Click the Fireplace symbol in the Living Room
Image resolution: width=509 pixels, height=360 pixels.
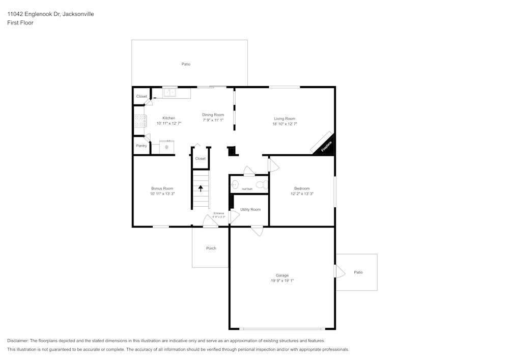point(324,145)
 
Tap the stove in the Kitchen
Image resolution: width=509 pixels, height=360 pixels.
point(140,121)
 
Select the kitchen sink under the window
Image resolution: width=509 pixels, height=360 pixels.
point(169,93)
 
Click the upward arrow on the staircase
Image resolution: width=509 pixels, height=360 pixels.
point(201,188)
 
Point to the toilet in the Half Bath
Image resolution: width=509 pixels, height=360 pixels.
point(262,184)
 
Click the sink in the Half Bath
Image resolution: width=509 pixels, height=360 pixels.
point(235,184)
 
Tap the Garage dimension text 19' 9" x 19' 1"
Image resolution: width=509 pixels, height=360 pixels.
point(282,281)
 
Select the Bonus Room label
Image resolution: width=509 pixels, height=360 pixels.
point(162,188)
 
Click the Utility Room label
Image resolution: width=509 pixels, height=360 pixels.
point(250,209)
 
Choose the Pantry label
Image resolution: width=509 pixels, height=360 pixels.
point(142,146)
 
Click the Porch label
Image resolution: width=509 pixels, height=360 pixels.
point(211,248)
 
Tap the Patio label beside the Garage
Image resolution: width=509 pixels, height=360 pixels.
point(358,272)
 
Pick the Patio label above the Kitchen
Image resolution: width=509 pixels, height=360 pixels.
point(186,64)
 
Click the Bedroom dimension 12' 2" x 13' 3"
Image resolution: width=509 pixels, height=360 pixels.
point(302,193)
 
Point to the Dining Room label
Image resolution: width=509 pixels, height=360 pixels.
point(213,115)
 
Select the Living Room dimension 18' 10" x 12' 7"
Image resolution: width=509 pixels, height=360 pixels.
point(285,124)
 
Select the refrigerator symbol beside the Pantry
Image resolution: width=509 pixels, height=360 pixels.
point(166,147)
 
